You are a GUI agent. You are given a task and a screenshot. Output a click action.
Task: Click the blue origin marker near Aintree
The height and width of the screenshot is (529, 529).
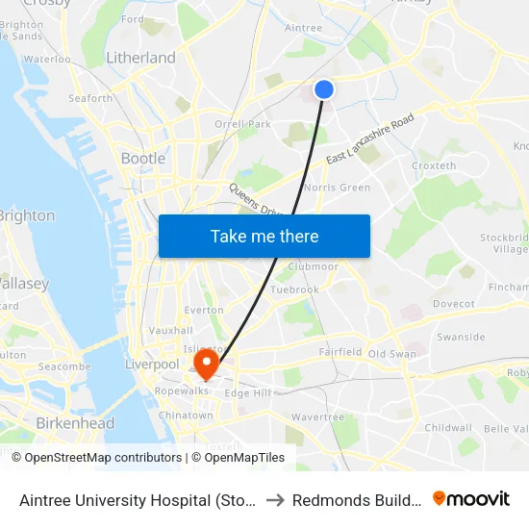[x=324, y=88]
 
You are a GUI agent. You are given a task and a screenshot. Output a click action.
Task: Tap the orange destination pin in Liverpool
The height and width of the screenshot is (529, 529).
[x=206, y=363]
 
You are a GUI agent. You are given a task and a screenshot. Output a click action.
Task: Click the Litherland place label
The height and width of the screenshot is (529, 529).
[x=140, y=58]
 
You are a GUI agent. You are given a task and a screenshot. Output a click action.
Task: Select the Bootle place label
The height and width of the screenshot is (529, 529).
[x=143, y=158]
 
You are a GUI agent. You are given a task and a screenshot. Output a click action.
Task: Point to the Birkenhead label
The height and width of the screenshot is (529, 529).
[x=74, y=423]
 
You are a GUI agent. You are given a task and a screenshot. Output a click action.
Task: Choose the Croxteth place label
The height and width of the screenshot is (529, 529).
[x=434, y=165]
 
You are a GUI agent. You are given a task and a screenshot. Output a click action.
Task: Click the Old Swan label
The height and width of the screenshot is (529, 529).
[x=391, y=354]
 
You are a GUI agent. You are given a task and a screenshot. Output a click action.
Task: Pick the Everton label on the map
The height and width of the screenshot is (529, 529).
[x=204, y=310]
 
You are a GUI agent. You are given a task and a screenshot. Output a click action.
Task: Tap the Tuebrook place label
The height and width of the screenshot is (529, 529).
[x=294, y=290]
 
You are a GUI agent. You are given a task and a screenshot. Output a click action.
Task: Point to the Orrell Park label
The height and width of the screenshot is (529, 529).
[x=242, y=124]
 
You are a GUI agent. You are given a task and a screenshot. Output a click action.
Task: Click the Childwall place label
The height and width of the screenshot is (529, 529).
[x=448, y=427]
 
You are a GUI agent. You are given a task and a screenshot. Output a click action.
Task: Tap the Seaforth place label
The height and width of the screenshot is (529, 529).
[x=90, y=98]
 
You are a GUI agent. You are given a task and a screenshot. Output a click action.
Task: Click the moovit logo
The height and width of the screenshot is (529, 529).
[x=471, y=498]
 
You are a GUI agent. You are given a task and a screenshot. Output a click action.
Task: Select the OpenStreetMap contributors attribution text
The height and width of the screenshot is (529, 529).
[x=103, y=458]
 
